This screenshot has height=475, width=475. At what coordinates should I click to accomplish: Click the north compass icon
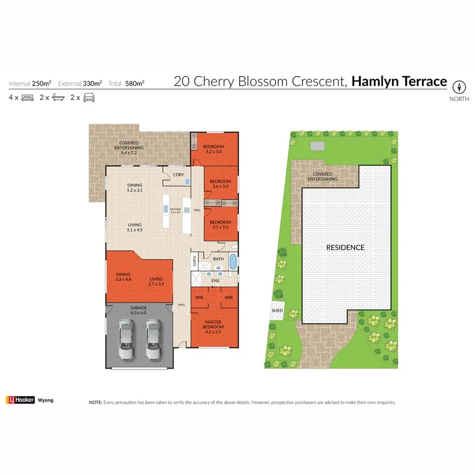[460, 87]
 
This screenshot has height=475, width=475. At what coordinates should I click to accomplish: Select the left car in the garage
[126, 341]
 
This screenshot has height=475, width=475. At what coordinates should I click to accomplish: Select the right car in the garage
[153, 341]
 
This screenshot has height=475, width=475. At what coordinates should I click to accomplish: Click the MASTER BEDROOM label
[213, 324]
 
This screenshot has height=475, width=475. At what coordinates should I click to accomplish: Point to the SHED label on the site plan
[277, 311]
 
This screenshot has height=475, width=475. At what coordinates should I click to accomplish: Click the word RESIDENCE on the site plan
[345, 247]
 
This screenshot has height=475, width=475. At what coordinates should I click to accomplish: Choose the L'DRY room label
[178, 175]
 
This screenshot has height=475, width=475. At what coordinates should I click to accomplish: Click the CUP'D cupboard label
[194, 260]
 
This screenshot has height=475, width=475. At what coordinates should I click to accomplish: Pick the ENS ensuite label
[215, 281]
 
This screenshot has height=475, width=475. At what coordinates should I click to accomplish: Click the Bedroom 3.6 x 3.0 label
[220, 184]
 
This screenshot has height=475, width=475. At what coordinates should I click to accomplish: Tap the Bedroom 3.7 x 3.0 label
[220, 224]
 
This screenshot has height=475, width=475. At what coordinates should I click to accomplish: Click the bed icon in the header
[27, 98]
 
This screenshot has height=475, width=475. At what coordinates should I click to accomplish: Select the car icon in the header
[89, 98]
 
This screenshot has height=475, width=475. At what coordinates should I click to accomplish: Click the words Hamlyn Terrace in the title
[399, 82]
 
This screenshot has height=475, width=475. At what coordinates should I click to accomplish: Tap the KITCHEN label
[175, 210]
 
